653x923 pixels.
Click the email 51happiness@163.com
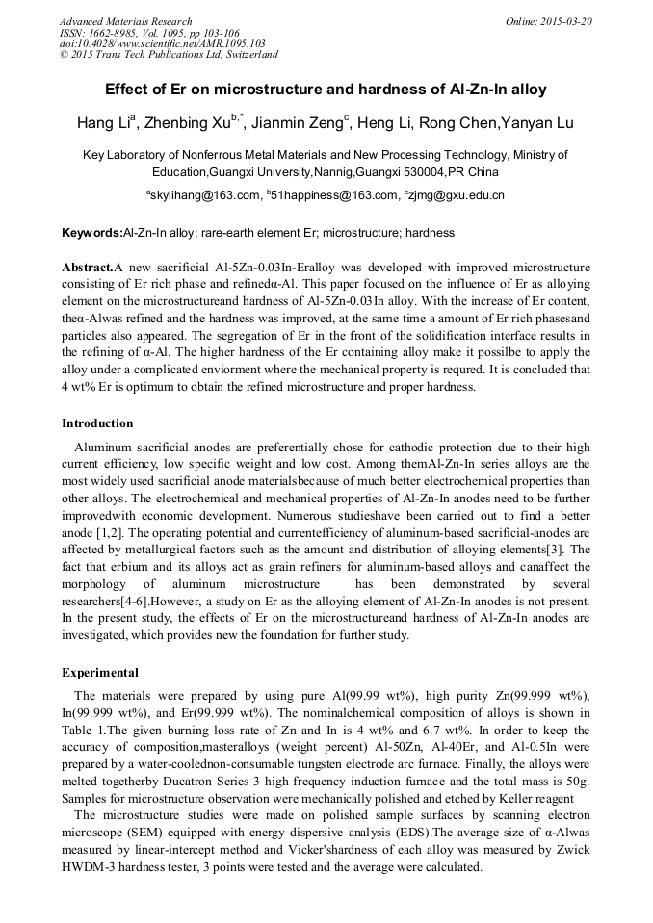330,195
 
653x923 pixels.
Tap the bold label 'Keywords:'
91,233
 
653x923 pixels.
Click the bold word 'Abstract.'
87,267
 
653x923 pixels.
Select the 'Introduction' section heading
97,423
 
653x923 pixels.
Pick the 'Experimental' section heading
100,673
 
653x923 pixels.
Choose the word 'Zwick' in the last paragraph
571,851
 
